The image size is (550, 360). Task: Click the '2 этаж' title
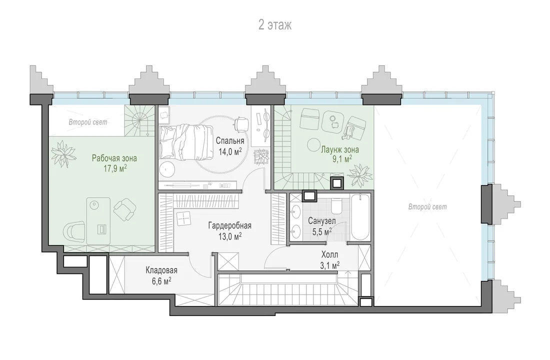pyautogui.click(x=275, y=25)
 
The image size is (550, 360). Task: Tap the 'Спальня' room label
pyautogui.click(x=230, y=141)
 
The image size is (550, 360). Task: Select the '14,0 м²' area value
pyautogui.click(x=230, y=152)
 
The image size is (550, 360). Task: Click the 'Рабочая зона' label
pyautogui.click(x=114, y=158)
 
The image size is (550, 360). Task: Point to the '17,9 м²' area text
pyautogui.click(x=115, y=168)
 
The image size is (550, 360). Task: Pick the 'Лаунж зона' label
pyautogui.click(x=340, y=150)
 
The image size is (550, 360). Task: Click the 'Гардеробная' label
pyautogui.click(x=230, y=225)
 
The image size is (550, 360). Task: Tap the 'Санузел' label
pyautogui.click(x=322, y=221)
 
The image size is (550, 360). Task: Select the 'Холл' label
pyautogui.click(x=329, y=254)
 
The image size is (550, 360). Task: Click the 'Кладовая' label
pyautogui.click(x=161, y=270)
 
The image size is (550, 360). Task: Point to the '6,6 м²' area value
pyautogui.click(x=161, y=281)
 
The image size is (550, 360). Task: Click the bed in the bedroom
pyautogui.click(x=186, y=143)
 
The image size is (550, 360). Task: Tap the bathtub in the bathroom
pyautogui.click(x=360, y=217)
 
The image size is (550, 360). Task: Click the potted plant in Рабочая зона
pyautogui.click(x=63, y=153)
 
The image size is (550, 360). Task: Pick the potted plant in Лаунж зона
pyautogui.click(x=358, y=174)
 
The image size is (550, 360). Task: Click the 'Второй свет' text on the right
pyautogui.click(x=427, y=207)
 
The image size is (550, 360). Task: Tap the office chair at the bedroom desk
pyautogui.click(x=240, y=123)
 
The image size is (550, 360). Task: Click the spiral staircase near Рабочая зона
pyautogui.click(x=139, y=121)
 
